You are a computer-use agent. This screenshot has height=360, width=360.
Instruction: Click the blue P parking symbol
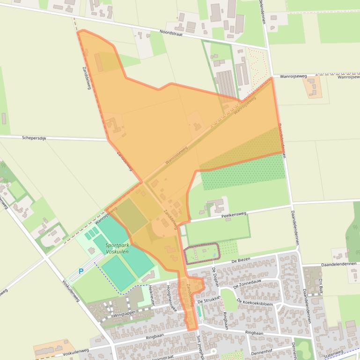tap(81, 271)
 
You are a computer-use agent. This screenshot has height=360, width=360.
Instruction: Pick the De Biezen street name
tap(241, 260)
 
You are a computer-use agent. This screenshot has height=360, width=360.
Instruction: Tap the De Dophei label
tap(215, 276)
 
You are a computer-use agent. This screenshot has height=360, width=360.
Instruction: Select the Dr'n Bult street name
tap(321, 286)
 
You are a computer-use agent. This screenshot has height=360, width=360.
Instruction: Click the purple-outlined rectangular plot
tap(202, 254)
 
